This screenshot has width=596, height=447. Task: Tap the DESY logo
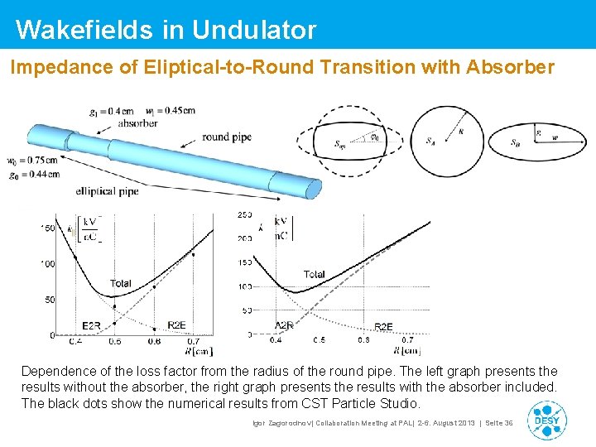click(x=547, y=421)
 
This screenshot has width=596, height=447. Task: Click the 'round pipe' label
click(x=226, y=137)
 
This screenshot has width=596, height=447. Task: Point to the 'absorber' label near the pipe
click(x=137, y=123)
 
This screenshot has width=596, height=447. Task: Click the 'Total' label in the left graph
click(x=121, y=283)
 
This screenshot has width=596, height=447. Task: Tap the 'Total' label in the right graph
click(x=314, y=274)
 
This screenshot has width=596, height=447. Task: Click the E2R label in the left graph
click(x=92, y=325)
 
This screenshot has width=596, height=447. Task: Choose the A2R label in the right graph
click(x=285, y=326)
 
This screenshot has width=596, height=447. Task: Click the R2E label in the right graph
click(x=383, y=327)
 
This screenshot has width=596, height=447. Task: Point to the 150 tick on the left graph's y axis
click(x=48, y=228)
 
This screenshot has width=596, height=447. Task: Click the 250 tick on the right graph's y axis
click(x=245, y=215)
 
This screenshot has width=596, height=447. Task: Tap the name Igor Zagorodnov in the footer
click(x=281, y=423)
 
